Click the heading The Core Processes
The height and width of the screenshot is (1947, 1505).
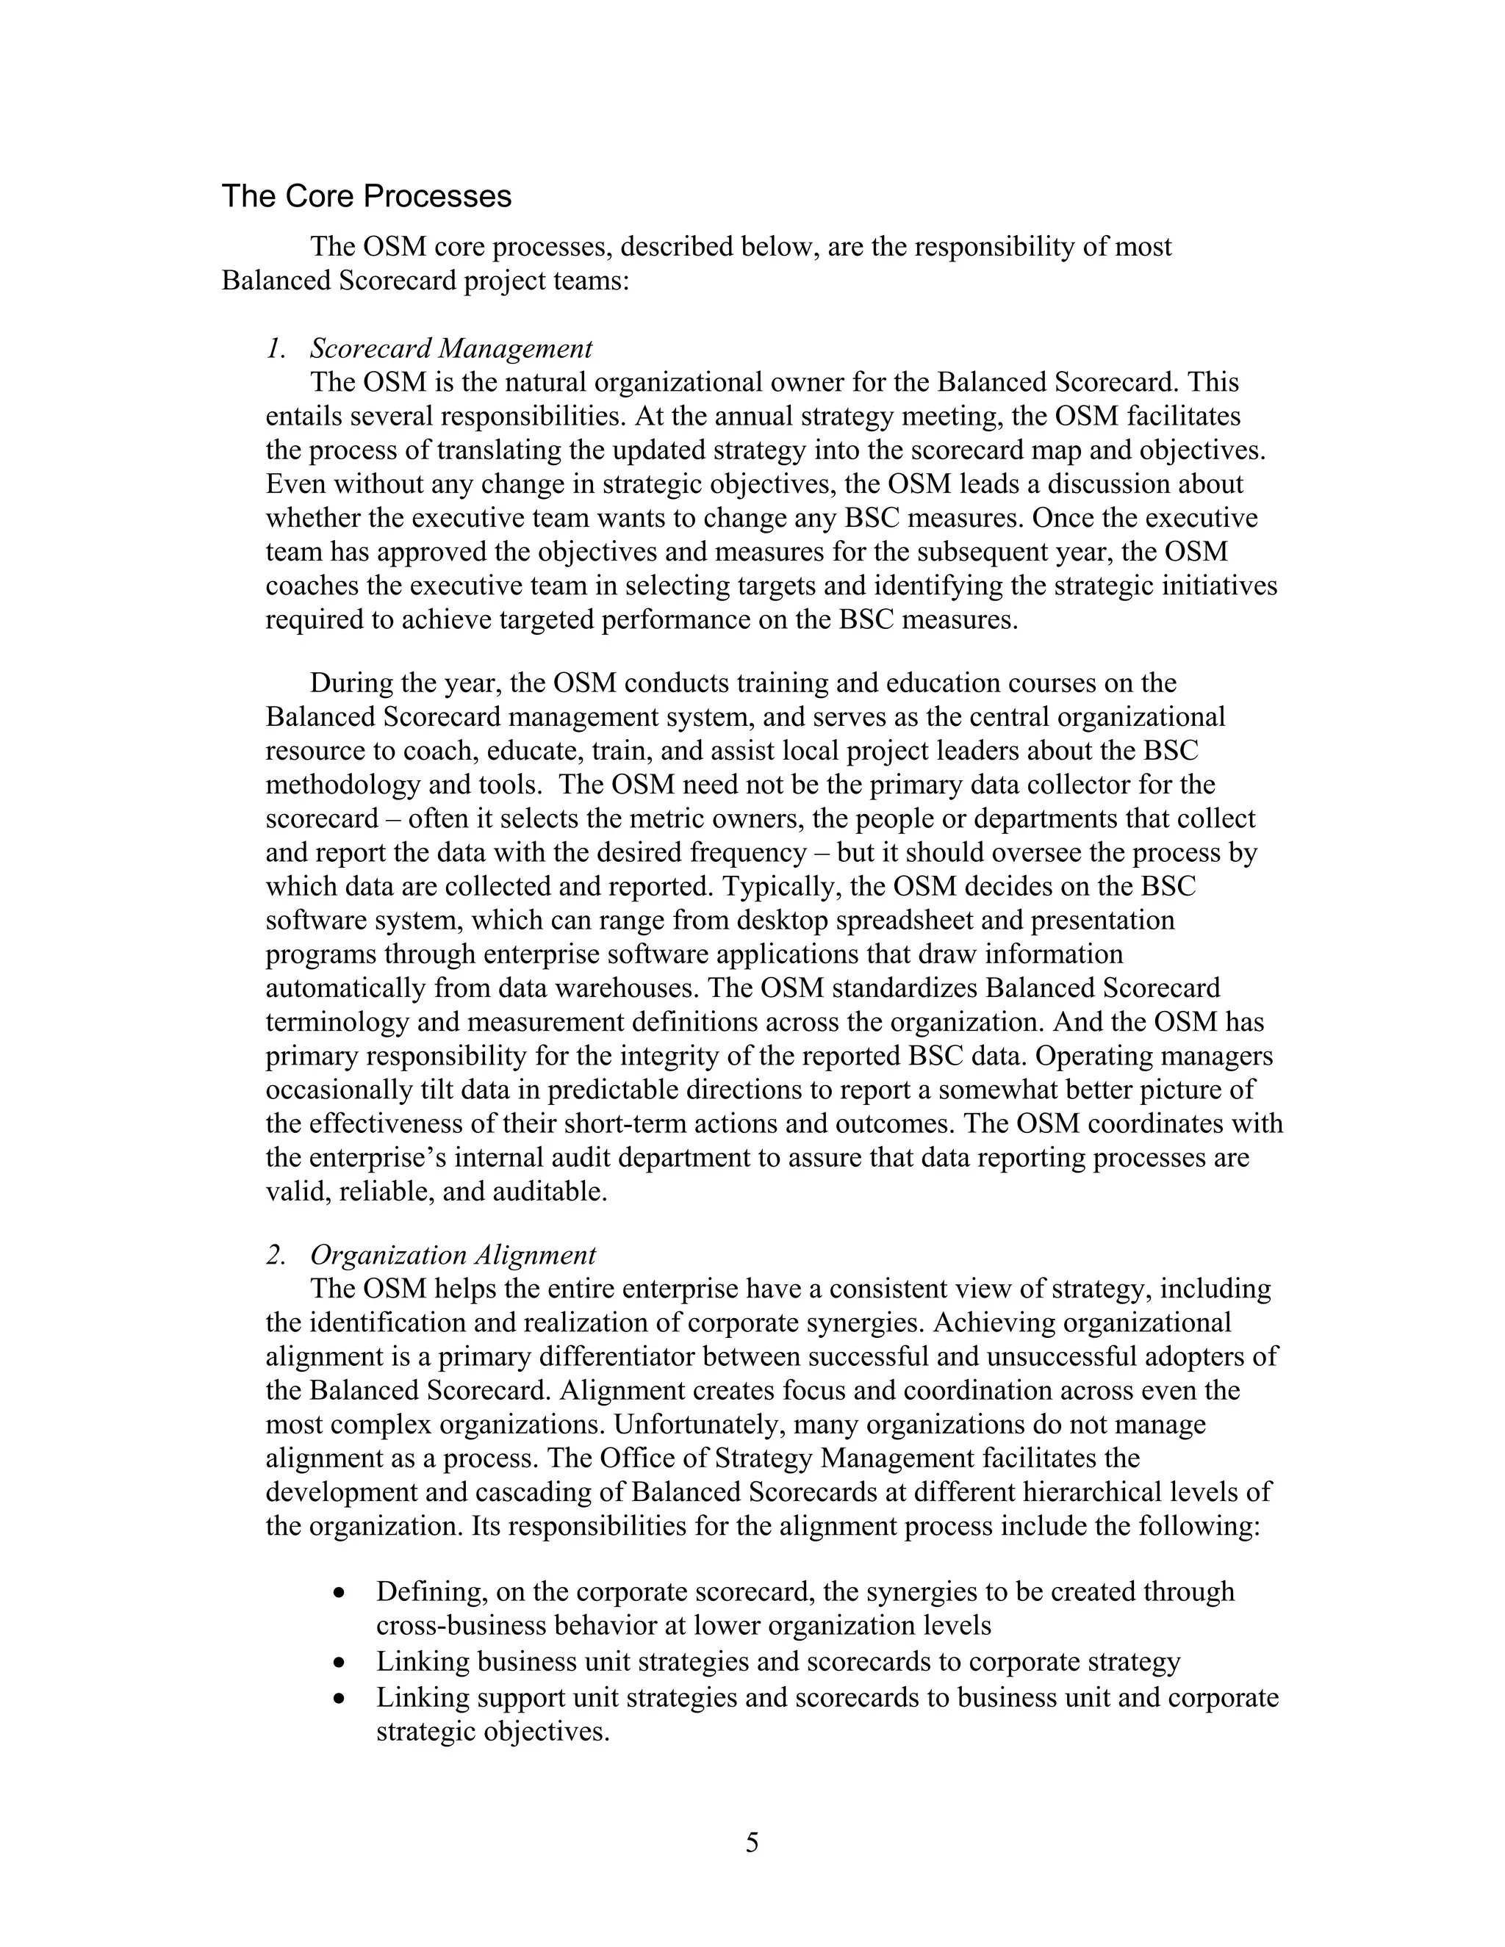367,196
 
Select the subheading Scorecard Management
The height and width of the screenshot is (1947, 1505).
451,348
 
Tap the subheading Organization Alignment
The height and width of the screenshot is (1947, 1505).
453,1255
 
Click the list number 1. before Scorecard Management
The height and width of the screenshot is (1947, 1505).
276,348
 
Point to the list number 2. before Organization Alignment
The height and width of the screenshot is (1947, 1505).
276,1255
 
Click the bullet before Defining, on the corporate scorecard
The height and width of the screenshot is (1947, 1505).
339,1592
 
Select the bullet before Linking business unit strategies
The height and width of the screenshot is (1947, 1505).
339,1663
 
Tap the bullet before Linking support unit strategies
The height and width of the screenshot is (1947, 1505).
339,1697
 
